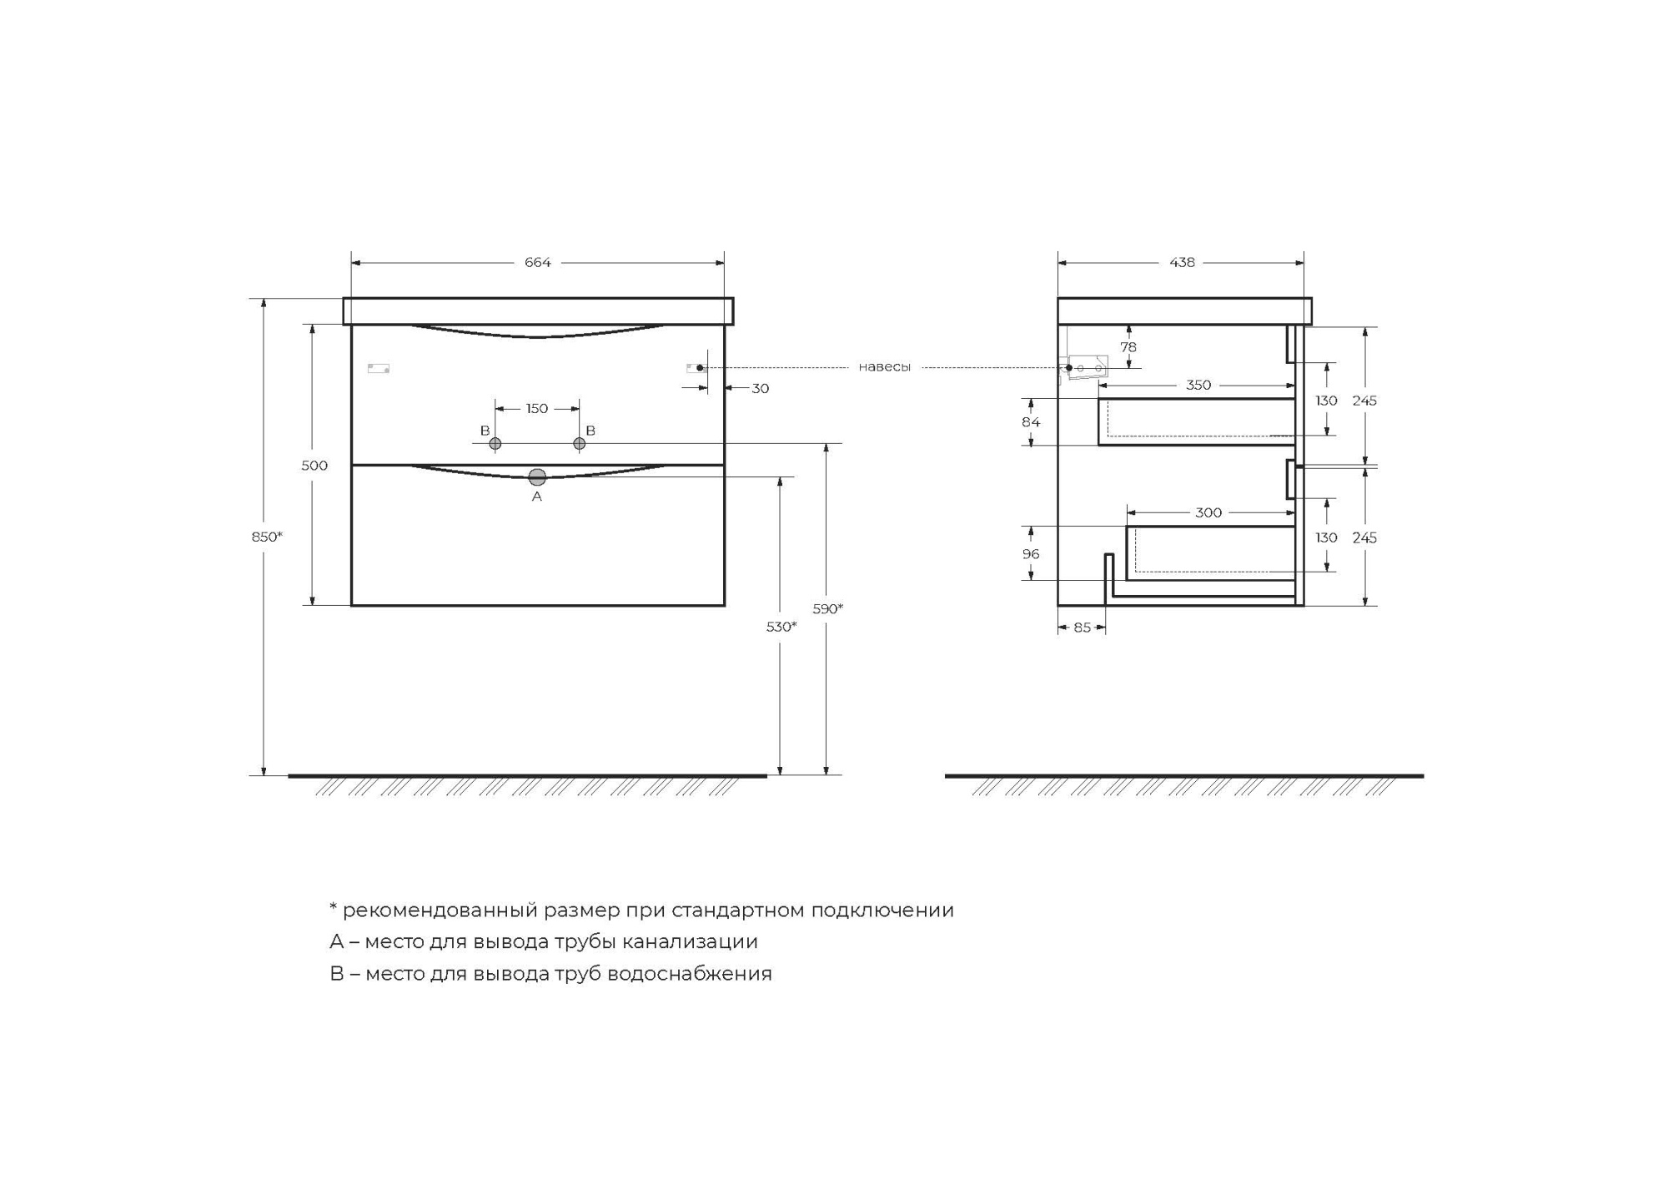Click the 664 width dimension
[x=537, y=263]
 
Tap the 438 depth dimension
[x=1182, y=263]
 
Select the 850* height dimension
[x=267, y=537]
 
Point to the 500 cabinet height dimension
[x=314, y=466]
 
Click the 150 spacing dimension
[x=537, y=409]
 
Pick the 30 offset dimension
[x=760, y=389]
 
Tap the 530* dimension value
[x=781, y=627]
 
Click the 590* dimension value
[x=828, y=609]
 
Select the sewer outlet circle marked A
[x=537, y=477]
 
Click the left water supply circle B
[x=495, y=444]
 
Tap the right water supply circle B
[x=580, y=444]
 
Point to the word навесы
[x=885, y=367]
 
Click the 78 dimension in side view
[x=1128, y=347]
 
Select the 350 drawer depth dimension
[x=1198, y=386]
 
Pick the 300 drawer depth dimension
[x=1208, y=513]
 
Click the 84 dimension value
[x=1031, y=422]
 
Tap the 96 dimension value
[x=1031, y=554]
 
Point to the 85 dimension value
[x=1082, y=628]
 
